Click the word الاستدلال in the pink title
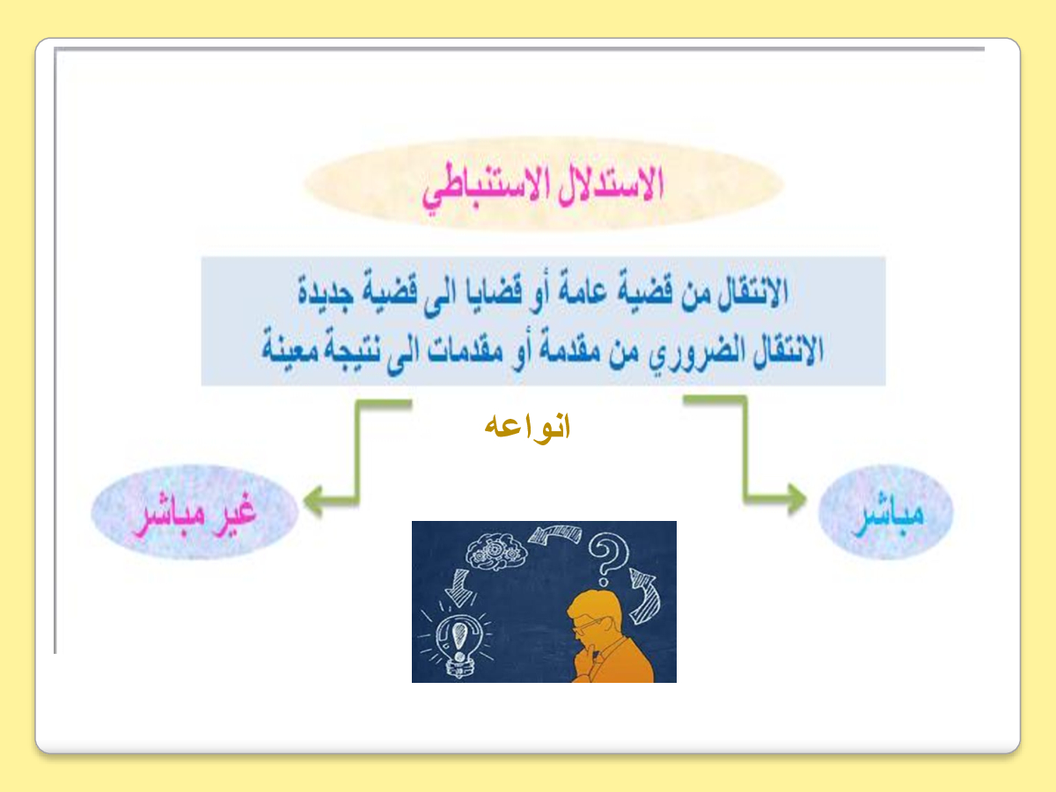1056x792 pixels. (x=610, y=185)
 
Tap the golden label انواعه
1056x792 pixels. (x=527, y=427)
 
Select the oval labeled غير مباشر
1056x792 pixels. (x=194, y=511)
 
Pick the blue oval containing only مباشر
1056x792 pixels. (x=885, y=511)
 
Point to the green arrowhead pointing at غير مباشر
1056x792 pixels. (x=313, y=501)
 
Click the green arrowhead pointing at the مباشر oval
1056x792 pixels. (x=797, y=498)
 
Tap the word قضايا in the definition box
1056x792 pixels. (x=494, y=293)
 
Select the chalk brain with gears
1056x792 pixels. (x=495, y=554)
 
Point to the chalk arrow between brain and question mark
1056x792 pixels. (x=555, y=534)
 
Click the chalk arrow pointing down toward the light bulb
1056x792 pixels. (x=459, y=587)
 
